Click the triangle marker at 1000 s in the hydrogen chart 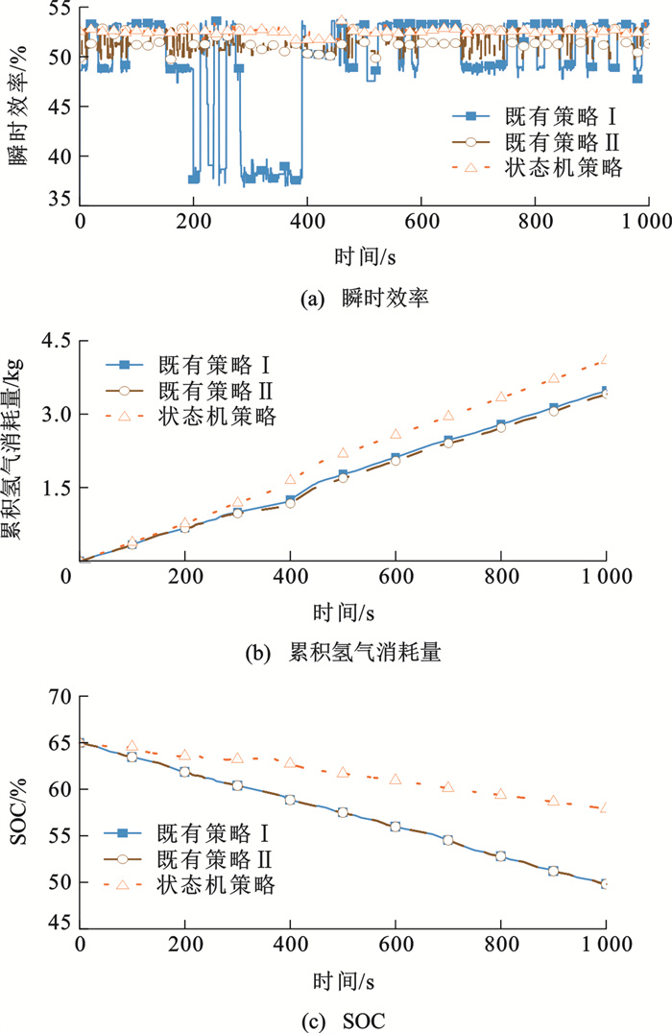coord(605,361)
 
